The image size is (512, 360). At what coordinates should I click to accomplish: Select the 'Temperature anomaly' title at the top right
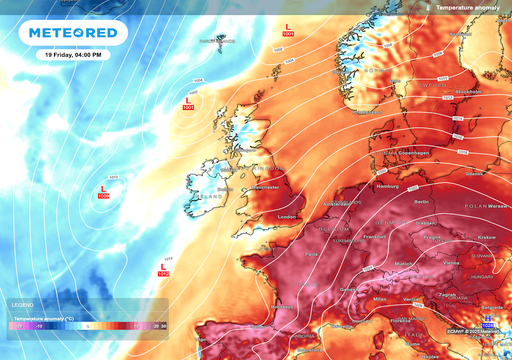pos(471,7)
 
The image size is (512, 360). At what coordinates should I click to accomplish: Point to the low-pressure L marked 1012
pos(163,268)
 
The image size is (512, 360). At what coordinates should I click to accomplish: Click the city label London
pos(289,216)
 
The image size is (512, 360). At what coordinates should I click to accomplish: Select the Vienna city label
pos(452,263)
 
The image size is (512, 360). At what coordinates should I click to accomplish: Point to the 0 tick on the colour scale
pos(88,325)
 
